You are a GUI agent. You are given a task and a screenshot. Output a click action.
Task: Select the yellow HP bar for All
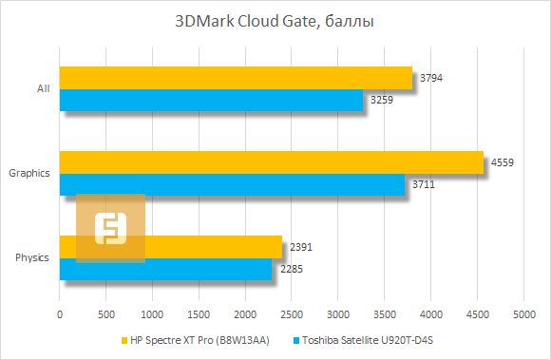pyautogui.click(x=236, y=78)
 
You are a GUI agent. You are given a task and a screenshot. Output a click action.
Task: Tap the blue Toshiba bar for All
pyautogui.click(x=211, y=100)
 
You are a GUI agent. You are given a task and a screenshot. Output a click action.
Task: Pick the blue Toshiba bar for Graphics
pyautogui.click(x=232, y=185)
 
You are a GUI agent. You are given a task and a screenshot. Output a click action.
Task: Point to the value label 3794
pyautogui.click(x=429, y=78)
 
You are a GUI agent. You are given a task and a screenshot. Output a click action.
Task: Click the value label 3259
pyautogui.click(x=380, y=100)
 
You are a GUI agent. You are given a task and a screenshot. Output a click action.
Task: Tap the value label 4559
pyautogui.click(x=502, y=163)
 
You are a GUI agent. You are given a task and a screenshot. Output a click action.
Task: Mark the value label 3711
pyautogui.click(x=423, y=185)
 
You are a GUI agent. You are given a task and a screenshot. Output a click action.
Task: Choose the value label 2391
pyautogui.click(x=300, y=248)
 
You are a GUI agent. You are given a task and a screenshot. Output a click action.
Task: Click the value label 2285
pyautogui.click(x=290, y=270)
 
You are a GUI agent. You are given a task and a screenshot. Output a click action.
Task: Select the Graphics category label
pyautogui.click(x=28, y=174)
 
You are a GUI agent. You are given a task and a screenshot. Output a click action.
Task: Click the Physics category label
pyautogui.click(x=32, y=258)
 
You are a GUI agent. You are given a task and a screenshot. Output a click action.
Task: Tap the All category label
pyautogui.click(x=43, y=89)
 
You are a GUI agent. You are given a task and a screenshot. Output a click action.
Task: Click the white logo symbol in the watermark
pyautogui.click(x=111, y=228)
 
